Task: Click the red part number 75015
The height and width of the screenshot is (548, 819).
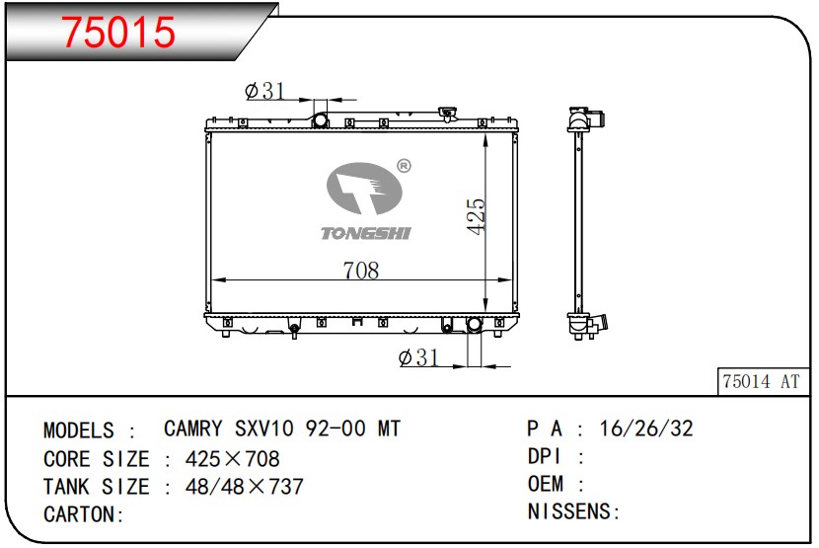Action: point(118,32)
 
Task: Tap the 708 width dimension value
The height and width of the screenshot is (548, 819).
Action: point(361,271)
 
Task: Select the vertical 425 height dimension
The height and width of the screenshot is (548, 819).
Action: point(477,216)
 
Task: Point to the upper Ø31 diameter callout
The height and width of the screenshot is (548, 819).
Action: point(264,91)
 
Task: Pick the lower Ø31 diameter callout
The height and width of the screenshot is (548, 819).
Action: point(418,357)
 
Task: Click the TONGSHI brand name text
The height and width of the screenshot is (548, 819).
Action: point(366,233)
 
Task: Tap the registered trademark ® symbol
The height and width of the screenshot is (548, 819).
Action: point(405,166)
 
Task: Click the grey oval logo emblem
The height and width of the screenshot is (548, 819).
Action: point(364,188)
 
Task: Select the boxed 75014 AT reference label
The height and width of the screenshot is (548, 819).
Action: point(762,381)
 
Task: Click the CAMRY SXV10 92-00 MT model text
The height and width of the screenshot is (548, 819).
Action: point(282,429)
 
